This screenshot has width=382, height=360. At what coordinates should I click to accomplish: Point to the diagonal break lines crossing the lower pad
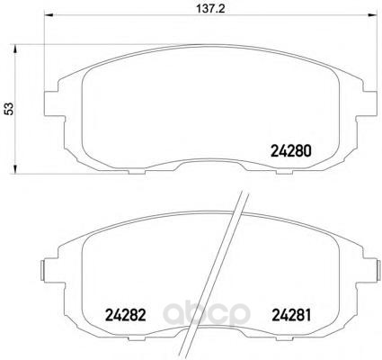pyautogui.click(x=234, y=270)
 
